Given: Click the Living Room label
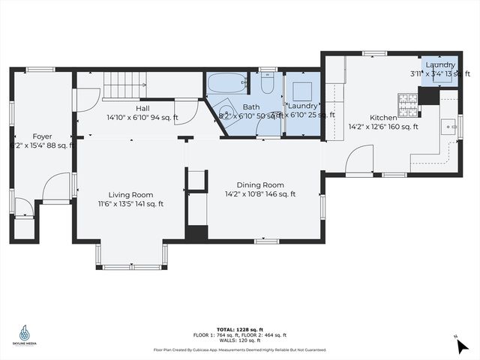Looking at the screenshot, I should click(x=130, y=194).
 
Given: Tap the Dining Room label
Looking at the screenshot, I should click(x=260, y=184).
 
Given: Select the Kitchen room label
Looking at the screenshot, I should click(x=383, y=118).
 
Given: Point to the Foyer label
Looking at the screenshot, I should click(x=42, y=136).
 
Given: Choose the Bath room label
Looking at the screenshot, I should click(x=250, y=107).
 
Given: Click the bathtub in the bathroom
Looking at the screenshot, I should click(x=226, y=82).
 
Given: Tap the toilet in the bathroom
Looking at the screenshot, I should click(x=268, y=84).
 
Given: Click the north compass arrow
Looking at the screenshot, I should click(x=461, y=346).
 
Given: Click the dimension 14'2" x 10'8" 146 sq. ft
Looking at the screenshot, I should click(x=260, y=193).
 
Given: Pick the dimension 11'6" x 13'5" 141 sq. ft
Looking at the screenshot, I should click(x=130, y=203).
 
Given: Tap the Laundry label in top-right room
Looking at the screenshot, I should click(x=439, y=64).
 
